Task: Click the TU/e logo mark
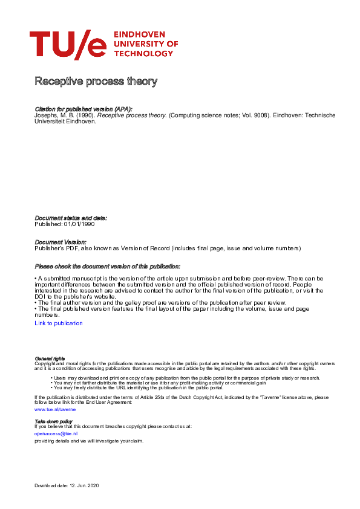(x=68, y=45)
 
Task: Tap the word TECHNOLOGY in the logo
(x=143, y=54)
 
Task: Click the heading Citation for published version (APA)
(x=83, y=109)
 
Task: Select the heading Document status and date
(x=71, y=218)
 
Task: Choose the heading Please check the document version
(x=107, y=267)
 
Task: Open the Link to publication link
(x=59, y=323)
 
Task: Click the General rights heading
(x=50, y=358)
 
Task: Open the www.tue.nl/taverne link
(x=55, y=409)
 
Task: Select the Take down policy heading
(x=53, y=421)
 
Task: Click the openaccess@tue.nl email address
(x=56, y=433)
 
